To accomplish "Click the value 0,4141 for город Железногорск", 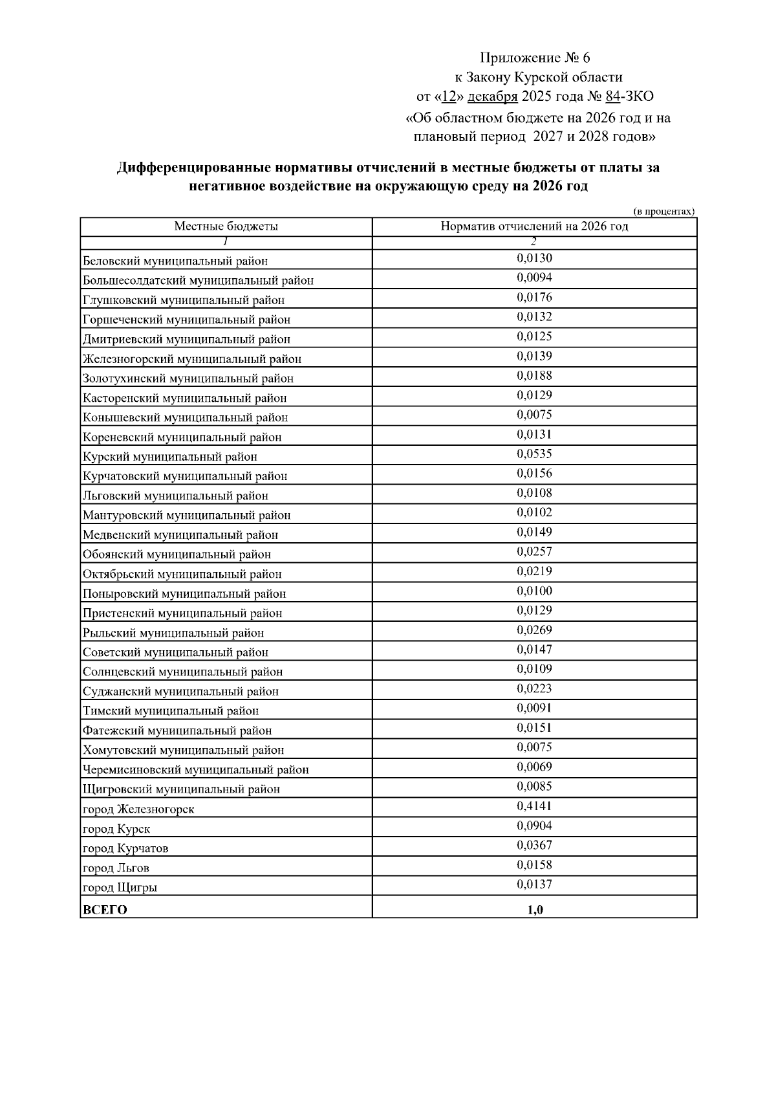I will pos(534,806).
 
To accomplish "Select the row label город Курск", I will pos(116,829).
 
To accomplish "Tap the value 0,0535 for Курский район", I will pos(534,454).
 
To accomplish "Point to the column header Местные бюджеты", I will pos(226,226).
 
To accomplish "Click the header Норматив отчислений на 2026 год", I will pos(534,226).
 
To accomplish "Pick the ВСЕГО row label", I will pos(105,910).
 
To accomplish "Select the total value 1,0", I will pos(535,910).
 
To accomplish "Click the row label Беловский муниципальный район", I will pos(175,261).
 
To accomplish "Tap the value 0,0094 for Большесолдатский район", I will pos(534,278).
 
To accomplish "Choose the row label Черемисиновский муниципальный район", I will pos(195,770).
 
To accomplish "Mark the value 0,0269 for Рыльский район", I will pos(534,630).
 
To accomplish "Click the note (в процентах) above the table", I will pos(663,212).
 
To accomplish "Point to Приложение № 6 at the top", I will pos(535,58).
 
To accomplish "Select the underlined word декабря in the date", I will pos(492,97).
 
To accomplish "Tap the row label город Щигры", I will pos(120,888).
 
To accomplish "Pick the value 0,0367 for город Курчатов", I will pos(534,846).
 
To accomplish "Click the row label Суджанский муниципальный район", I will pos(180,692).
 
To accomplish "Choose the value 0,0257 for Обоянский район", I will pos(534,552).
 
